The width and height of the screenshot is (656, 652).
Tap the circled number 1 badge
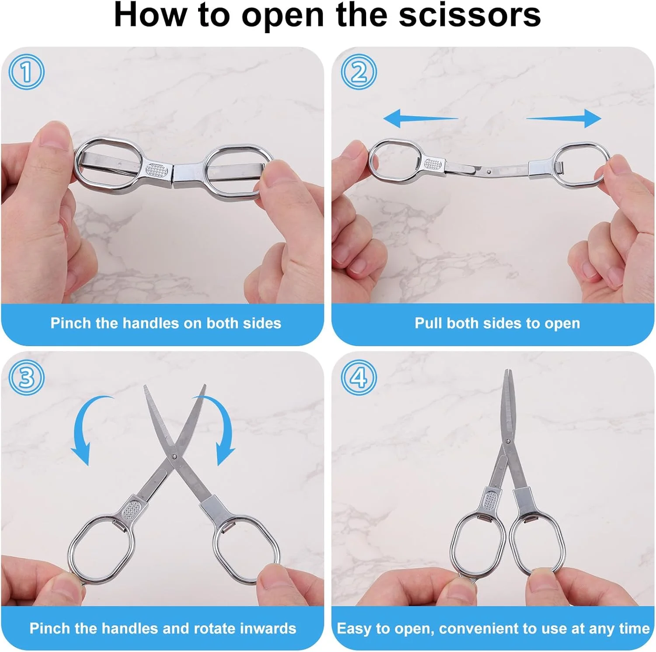tap(26, 72)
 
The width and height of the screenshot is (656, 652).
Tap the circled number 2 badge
tap(359, 72)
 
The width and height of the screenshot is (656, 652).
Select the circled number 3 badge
tap(26, 377)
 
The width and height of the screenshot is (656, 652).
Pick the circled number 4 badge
tap(359, 377)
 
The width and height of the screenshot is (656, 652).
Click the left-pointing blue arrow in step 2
tap(420, 118)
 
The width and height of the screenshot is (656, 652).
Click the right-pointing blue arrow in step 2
tap(564, 118)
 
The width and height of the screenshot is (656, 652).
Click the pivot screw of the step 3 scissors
tap(174, 457)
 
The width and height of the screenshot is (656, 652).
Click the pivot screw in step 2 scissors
tap(489, 172)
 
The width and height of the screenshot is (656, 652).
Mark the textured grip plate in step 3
tap(131, 510)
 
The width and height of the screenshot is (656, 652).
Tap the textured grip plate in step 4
tap(491, 500)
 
